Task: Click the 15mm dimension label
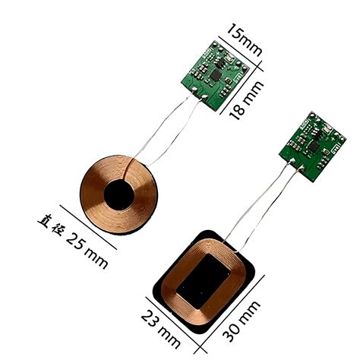[x=244, y=39]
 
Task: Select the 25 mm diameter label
[x=84, y=244]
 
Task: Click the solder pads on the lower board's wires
[x=295, y=163]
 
